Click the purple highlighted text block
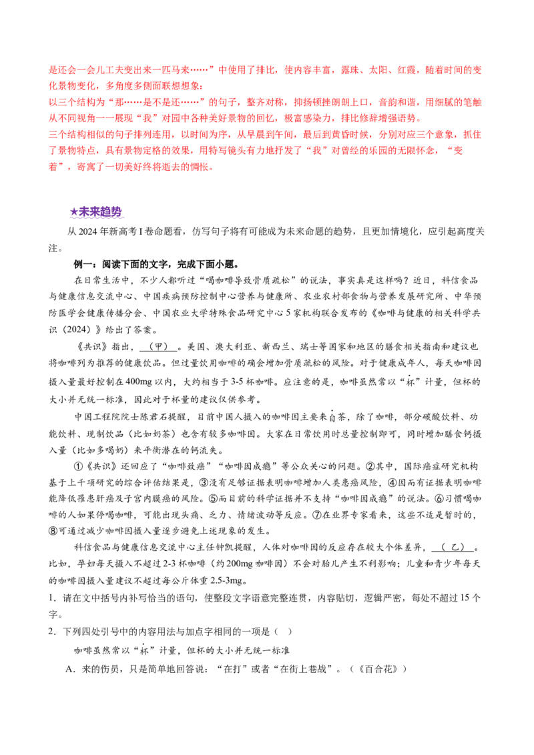pos(96,214)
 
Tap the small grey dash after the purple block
pos(125,215)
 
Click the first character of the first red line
pos(52,69)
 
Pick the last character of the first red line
pos(481,69)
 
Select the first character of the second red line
pos(52,86)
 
